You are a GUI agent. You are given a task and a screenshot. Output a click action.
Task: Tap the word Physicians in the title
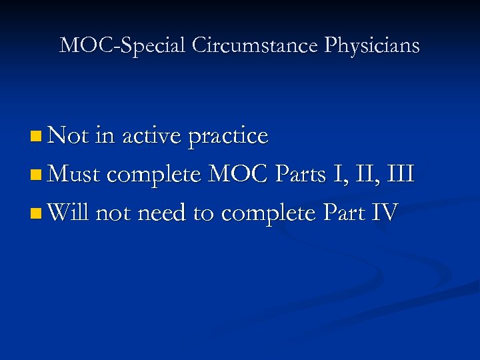coord(373,45)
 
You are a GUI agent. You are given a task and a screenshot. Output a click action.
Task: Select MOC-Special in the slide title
coord(123,45)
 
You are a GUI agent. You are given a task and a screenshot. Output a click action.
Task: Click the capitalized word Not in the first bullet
coord(69,136)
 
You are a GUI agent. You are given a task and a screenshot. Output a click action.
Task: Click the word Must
coord(75,175)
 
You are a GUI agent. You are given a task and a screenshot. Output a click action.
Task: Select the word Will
coord(69,213)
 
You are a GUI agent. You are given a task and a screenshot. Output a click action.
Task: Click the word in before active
coord(105,136)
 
